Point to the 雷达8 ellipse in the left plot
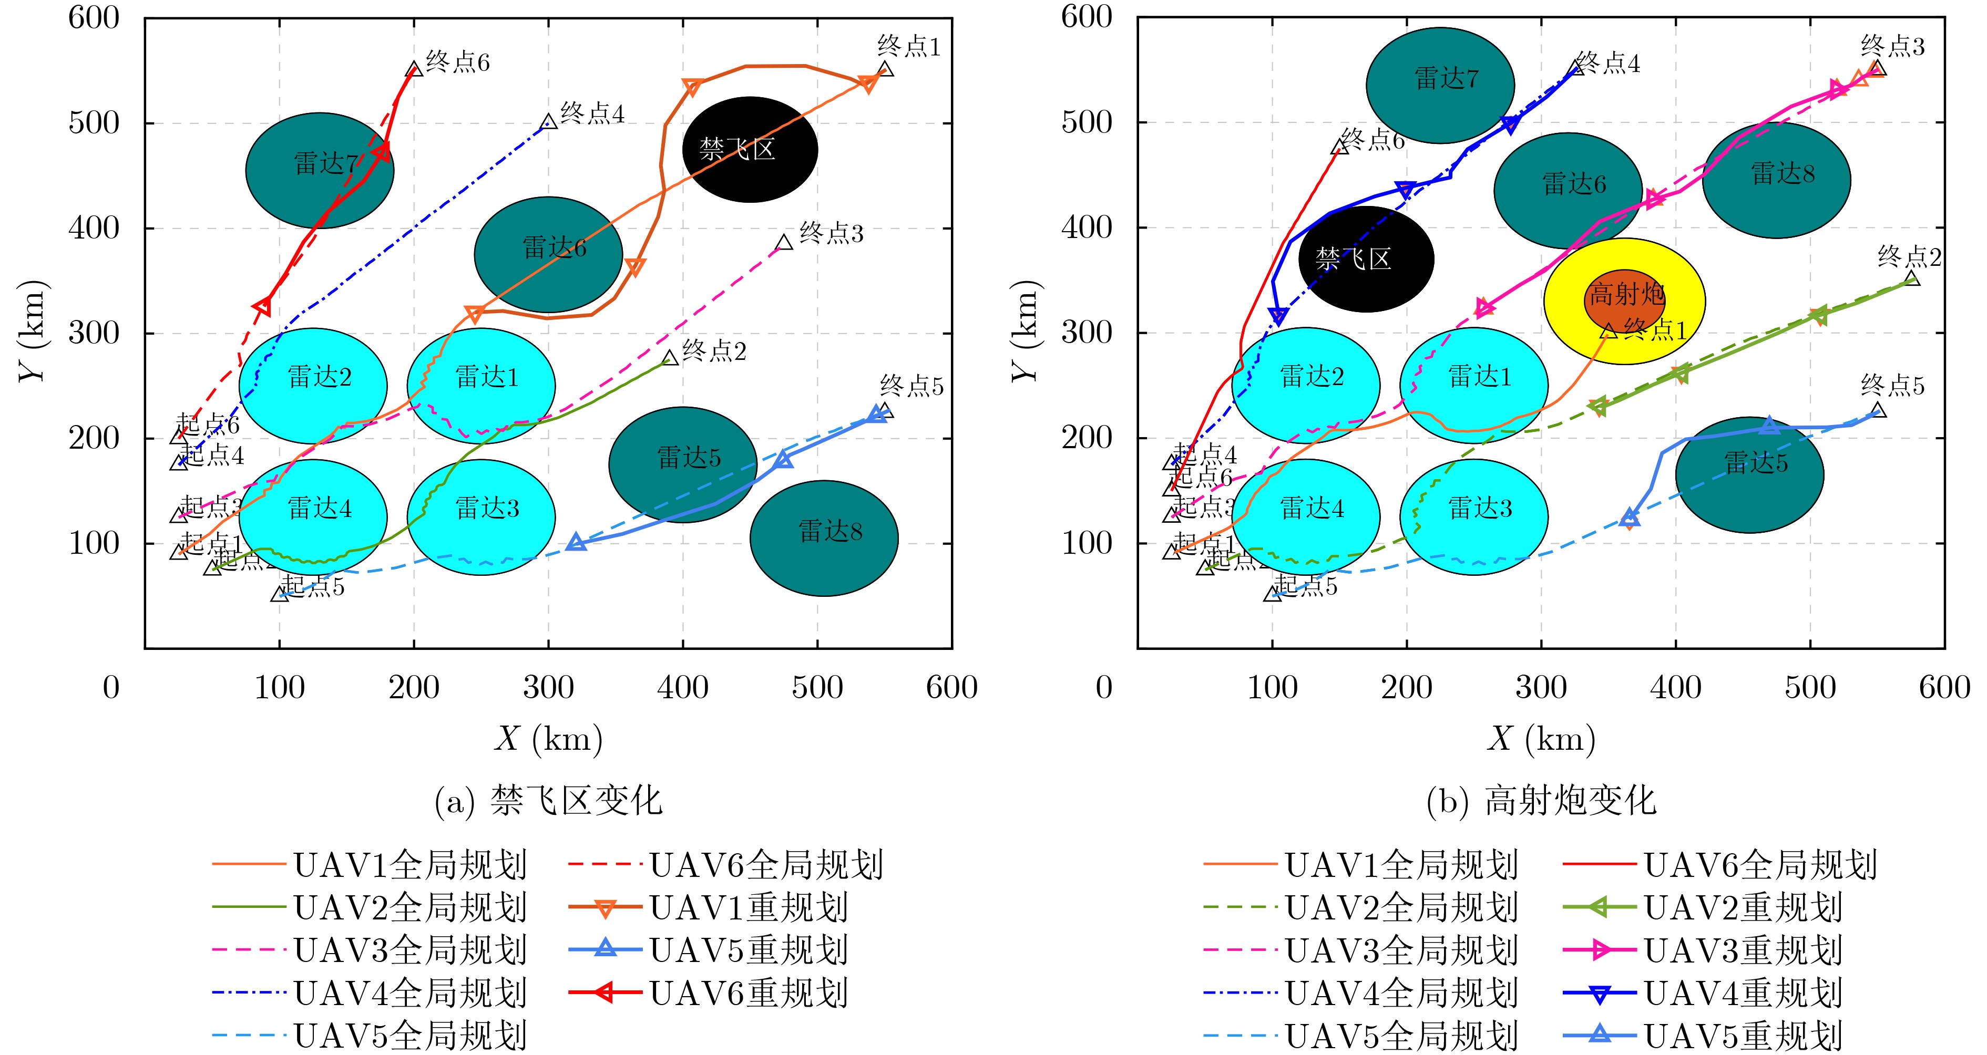pos(824,539)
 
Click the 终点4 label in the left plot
pos(592,113)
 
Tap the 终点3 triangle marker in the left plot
pos(784,243)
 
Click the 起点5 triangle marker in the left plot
pos(279,594)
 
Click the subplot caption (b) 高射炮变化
pos(1541,801)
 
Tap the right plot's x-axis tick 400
pos(1675,687)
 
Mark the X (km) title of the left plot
pos(548,739)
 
